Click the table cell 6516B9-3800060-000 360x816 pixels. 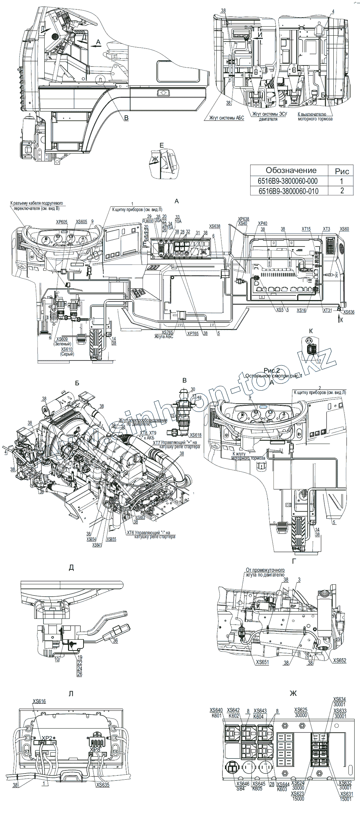[x=288, y=181]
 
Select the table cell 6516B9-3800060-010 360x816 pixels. [x=288, y=191]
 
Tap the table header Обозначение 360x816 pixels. [x=291, y=170]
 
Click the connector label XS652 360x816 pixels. [x=339, y=661]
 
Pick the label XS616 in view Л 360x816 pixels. [x=39, y=701]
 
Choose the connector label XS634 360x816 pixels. [x=339, y=699]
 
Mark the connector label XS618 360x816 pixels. [x=195, y=435]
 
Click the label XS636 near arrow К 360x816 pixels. [x=349, y=312]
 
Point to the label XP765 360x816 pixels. [x=193, y=333]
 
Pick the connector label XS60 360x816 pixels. [x=345, y=229]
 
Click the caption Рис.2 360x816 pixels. [x=272, y=370]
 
